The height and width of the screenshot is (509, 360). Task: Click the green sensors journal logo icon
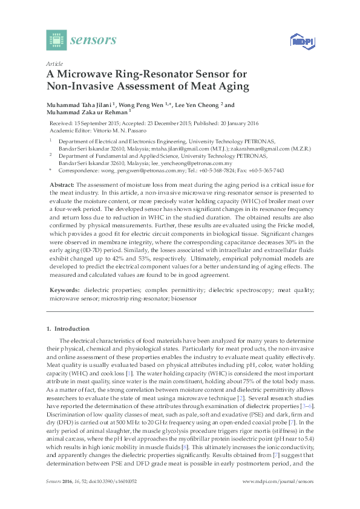pos(56,40)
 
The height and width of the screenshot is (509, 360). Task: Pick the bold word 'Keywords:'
pos(63,290)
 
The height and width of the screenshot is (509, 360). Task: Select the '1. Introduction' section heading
pos(68,328)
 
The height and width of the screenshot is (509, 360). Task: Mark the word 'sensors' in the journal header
pos(93,41)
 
